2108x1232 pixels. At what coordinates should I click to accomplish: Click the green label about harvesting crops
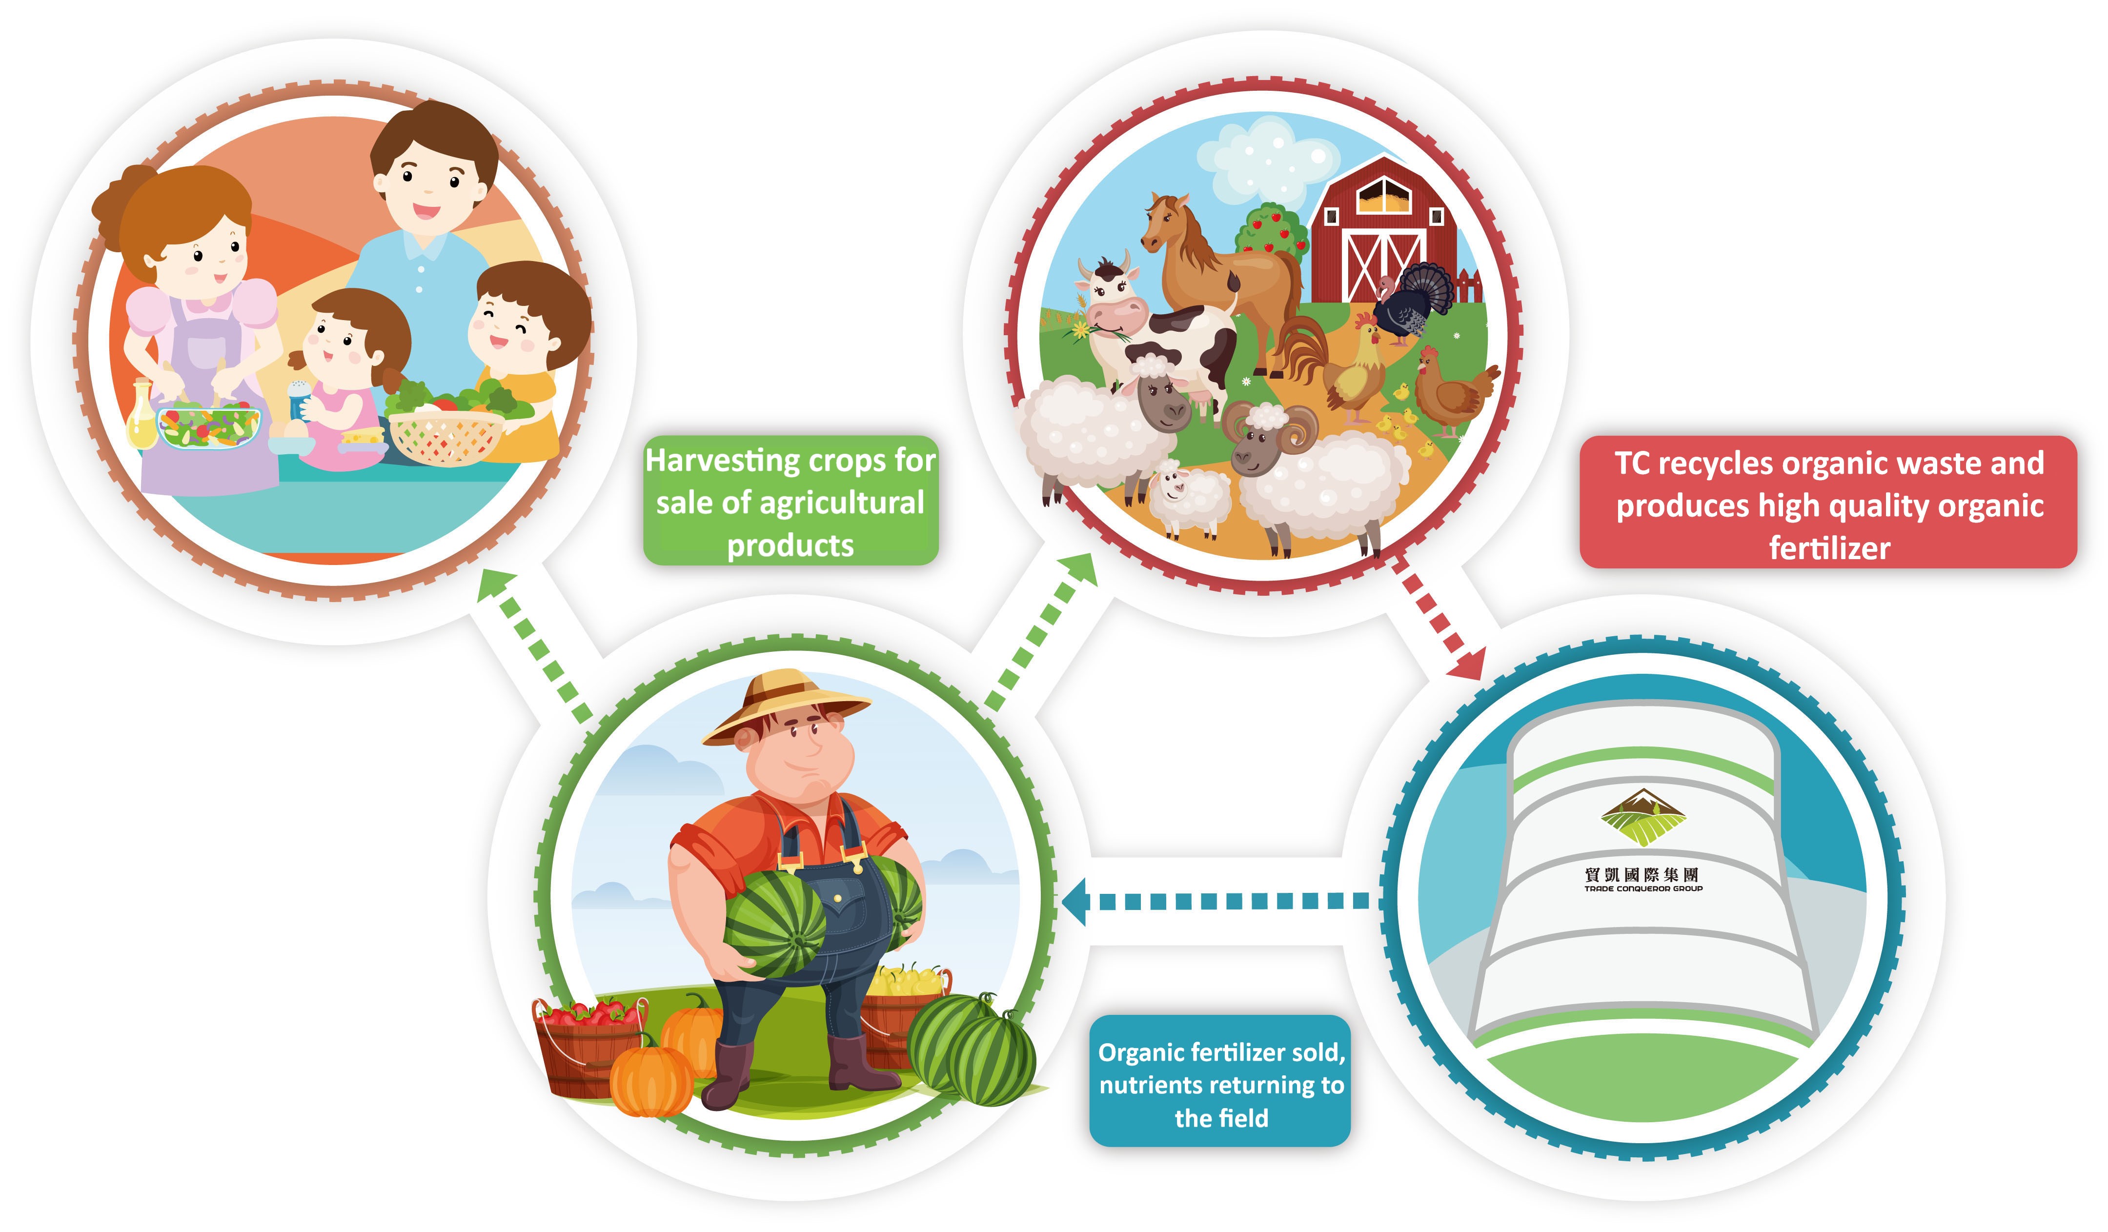[790, 500]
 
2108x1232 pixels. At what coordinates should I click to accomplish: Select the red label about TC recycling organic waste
[1828, 502]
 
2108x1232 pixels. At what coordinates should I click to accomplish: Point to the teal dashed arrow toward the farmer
[1217, 901]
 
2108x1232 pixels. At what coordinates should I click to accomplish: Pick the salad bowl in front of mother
[209, 425]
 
